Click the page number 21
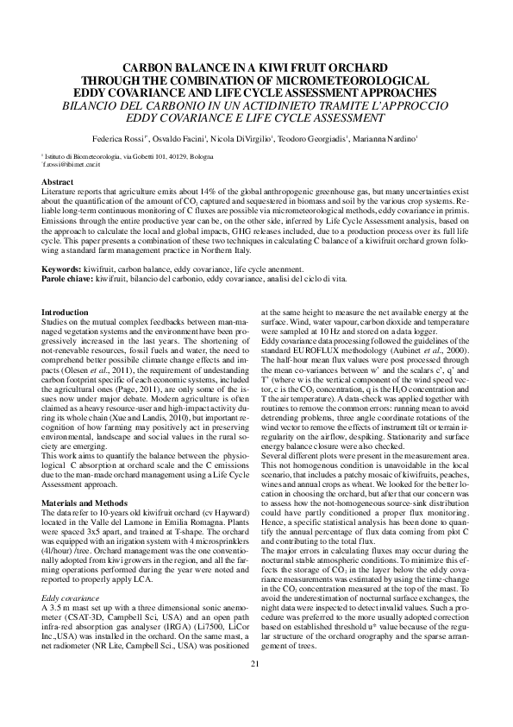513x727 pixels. pyautogui.click(x=255, y=687)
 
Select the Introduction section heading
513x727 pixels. pyautogui.click(x=65, y=311)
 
